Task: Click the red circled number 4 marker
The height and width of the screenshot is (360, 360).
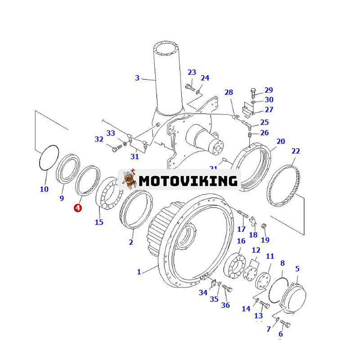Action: [78, 208]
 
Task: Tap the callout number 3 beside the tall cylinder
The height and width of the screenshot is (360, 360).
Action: [137, 78]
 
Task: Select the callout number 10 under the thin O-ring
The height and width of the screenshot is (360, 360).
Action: [44, 189]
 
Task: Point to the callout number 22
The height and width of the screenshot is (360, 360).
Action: [296, 151]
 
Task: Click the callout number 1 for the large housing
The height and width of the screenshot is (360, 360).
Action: [139, 271]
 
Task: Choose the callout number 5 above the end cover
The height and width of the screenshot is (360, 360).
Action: [297, 269]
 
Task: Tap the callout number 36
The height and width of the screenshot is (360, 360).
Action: [225, 305]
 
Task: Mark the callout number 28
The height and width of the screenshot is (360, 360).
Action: [229, 92]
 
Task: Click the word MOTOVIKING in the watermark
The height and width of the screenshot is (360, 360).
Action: [188, 180]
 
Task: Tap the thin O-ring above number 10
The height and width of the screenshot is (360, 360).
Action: [48, 158]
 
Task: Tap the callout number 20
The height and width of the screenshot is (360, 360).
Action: [280, 141]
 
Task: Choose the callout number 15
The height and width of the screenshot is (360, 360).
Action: [99, 221]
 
